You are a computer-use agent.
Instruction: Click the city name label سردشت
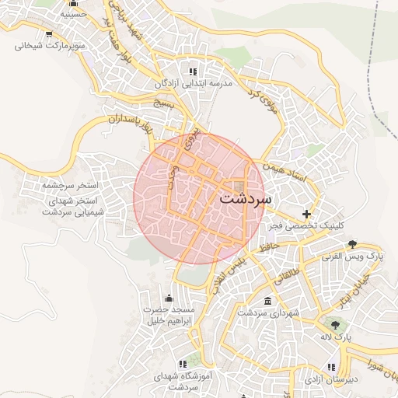246,198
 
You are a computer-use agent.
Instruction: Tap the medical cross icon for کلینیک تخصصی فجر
307,214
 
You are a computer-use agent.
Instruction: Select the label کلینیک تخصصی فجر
308,225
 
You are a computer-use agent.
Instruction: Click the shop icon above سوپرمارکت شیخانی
50,33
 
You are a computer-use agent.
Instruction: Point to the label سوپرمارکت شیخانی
50,45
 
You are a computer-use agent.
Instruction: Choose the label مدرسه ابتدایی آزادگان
194,83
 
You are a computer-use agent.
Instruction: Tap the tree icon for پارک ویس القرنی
352,244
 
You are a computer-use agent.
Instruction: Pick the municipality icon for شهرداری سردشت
268,301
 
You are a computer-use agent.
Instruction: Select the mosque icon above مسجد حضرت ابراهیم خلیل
169,298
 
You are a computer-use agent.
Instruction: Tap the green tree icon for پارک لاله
336,326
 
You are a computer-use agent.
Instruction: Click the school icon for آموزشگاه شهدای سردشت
183,363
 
